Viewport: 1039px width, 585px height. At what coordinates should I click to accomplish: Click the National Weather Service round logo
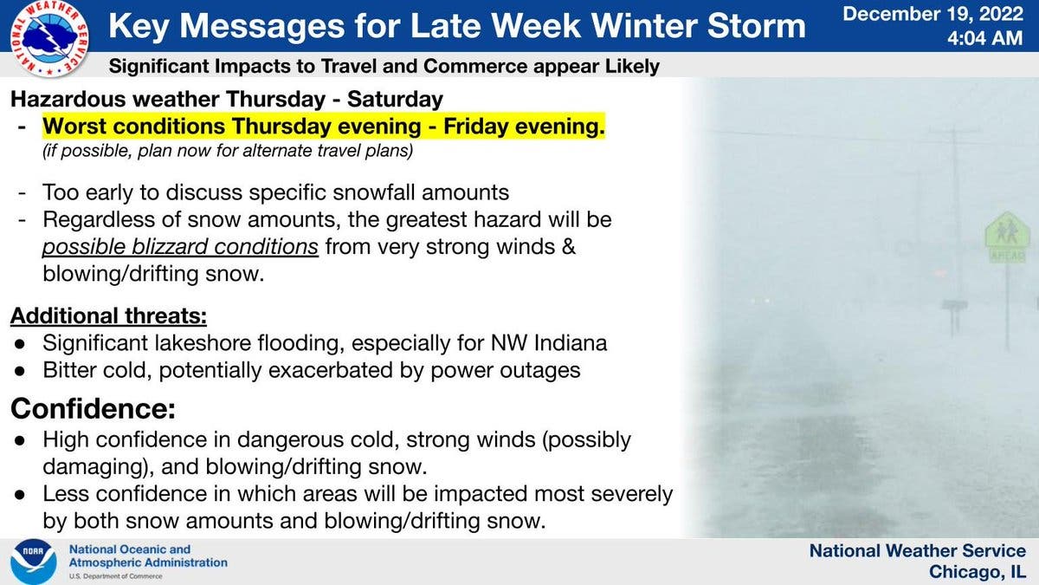point(49,38)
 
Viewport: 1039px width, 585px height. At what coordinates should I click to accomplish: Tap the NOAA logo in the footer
point(34,562)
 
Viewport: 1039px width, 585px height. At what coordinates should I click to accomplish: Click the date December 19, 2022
point(933,14)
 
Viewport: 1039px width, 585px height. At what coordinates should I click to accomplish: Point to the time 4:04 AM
point(984,38)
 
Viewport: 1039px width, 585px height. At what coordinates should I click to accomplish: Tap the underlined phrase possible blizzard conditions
point(180,247)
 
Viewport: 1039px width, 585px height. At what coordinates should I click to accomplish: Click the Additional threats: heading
point(108,316)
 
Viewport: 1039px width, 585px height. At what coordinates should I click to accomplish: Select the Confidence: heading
point(94,408)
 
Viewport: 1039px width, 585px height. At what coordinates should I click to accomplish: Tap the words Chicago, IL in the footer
point(978,571)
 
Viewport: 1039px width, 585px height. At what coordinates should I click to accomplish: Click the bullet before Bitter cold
point(19,371)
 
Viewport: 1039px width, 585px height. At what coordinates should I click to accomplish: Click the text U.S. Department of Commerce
point(115,576)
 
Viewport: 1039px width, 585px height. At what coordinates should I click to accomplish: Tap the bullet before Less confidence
point(19,495)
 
